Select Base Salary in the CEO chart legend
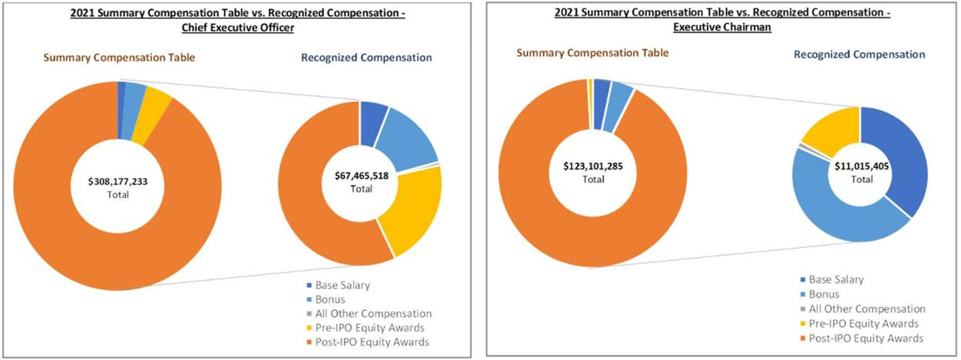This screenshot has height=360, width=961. point(342,286)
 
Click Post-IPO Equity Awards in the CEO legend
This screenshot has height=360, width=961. point(372,342)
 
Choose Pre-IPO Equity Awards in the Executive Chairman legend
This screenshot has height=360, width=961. point(864,323)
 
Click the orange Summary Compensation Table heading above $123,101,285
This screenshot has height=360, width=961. point(592,53)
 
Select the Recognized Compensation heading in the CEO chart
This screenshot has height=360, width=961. point(366,58)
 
